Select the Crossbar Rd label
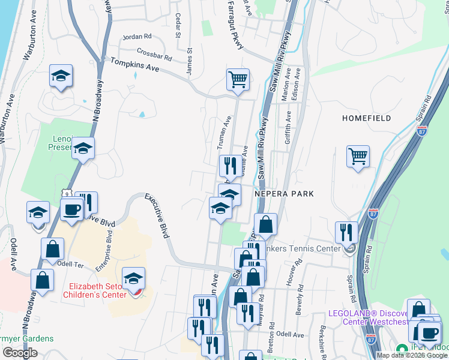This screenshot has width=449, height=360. click(154, 54)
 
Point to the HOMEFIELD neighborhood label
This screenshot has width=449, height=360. click(366, 118)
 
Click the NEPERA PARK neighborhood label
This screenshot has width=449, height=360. click(284, 194)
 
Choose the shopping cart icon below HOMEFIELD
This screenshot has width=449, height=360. click(358, 156)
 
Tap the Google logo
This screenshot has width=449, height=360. click(20, 353)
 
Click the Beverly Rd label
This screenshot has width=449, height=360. click(298, 304)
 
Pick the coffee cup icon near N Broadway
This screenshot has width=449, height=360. click(72, 209)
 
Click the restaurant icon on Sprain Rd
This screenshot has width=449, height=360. click(346, 232)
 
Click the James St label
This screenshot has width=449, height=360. click(190, 62)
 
